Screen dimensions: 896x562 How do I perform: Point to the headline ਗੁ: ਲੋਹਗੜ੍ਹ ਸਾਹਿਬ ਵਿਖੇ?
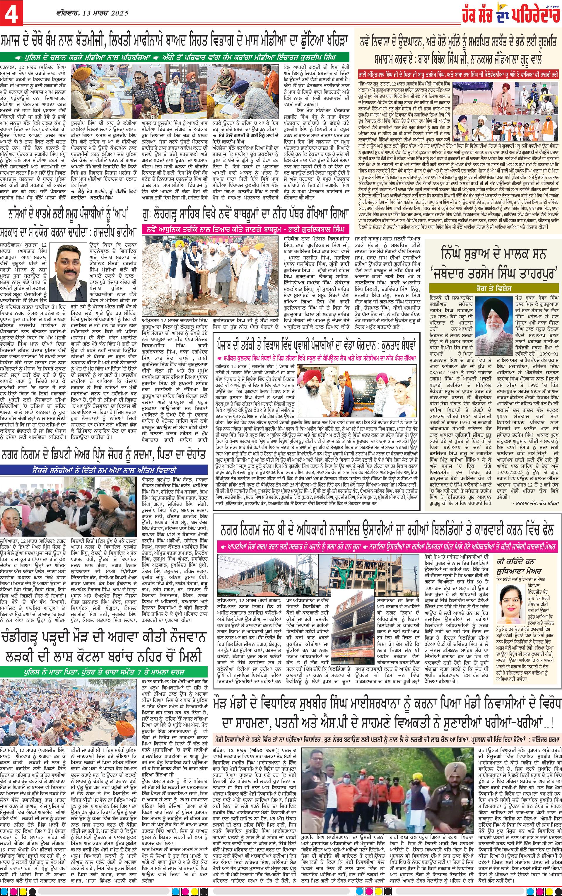pos(246,224)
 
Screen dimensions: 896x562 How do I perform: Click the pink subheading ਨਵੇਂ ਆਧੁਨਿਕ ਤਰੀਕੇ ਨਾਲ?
pos(246,239)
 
